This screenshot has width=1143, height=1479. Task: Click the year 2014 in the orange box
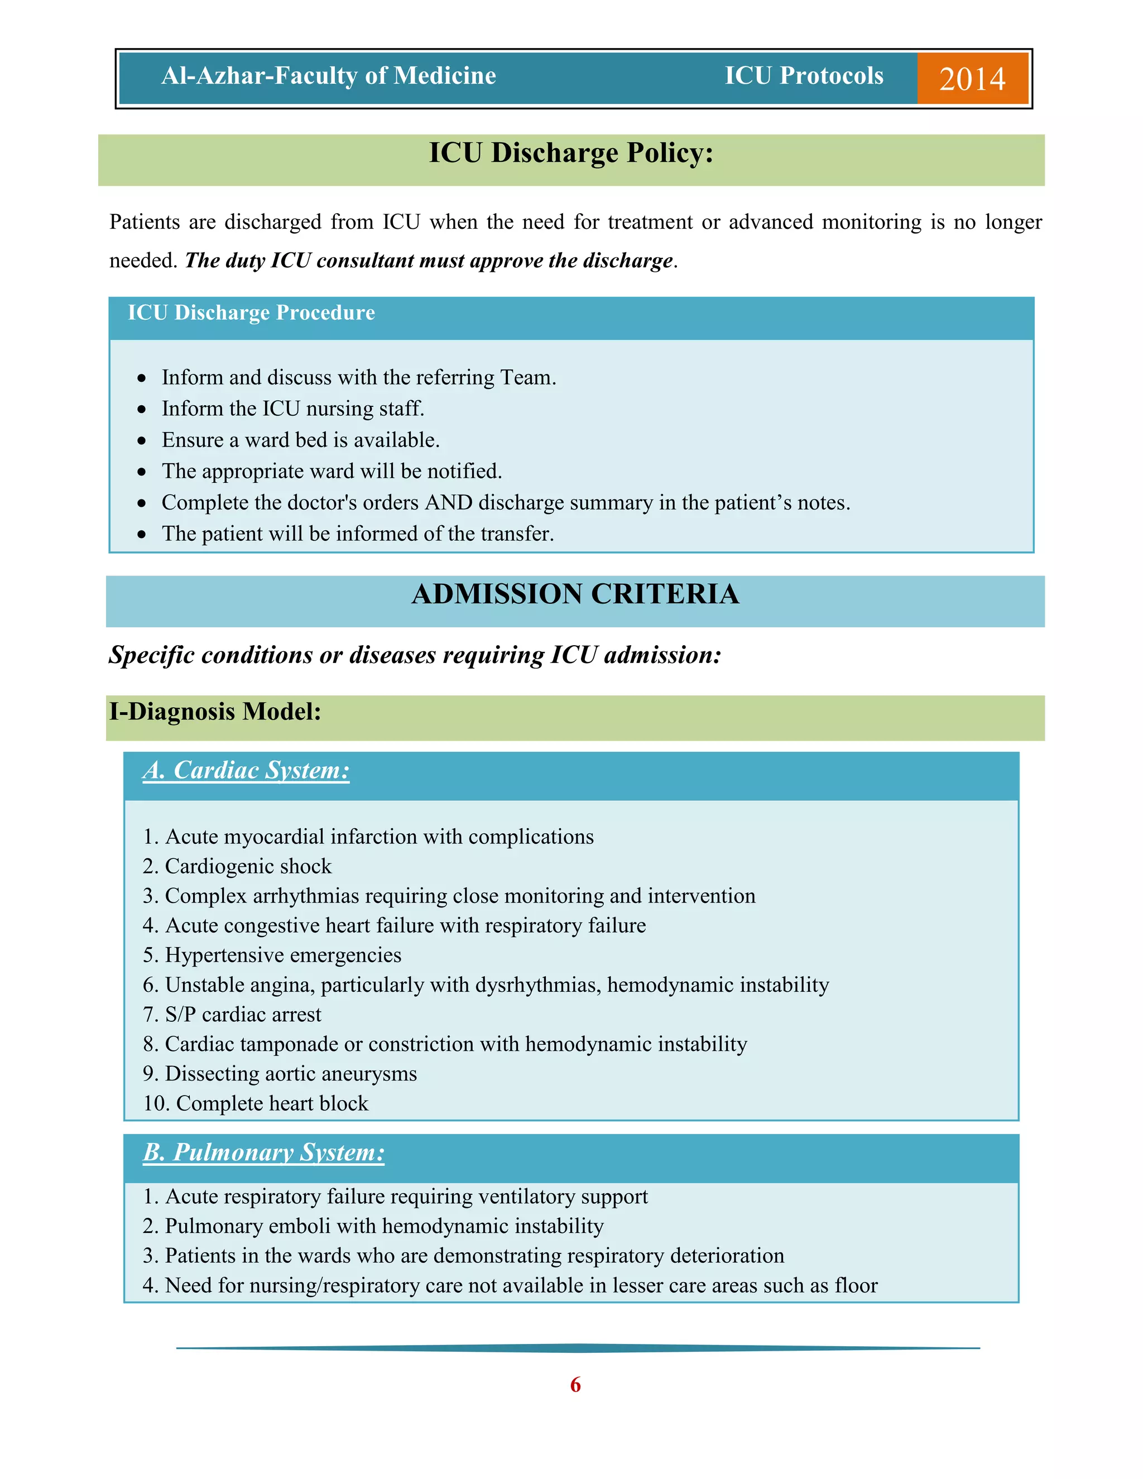pyautogui.click(x=972, y=79)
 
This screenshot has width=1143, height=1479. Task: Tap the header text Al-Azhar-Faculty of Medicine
pyautogui.click(x=328, y=76)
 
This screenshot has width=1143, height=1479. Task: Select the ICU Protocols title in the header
pyautogui.click(x=804, y=76)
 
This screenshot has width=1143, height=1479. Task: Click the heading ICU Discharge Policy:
pyautogui.click(x=571, y=153)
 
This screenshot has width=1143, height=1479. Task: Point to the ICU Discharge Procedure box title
pyautogui.click(x=251, y=313)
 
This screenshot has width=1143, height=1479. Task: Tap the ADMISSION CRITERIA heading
pyautogui.click(x=575, y=594)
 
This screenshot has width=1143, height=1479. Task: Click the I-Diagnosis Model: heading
pyautogui.click(x=215, y=712)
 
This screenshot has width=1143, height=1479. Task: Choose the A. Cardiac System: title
pyautogui.click(x=246, y=771)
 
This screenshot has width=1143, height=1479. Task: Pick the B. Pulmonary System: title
pyautogui.click(x=263, y=1153)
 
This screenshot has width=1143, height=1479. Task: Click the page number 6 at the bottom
pyautogui.click(x=575, y=1384)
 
